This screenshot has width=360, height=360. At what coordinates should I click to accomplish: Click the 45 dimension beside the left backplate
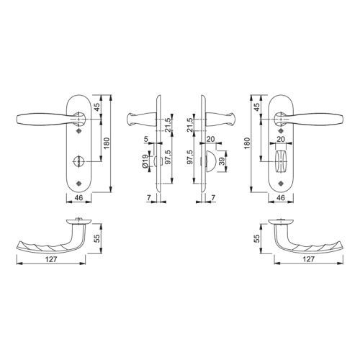coord(96,107)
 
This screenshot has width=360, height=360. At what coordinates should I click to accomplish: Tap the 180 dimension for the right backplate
coord(248,143)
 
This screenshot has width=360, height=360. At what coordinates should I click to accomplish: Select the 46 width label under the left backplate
coord(78,197)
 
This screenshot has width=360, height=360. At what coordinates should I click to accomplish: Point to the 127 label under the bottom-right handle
coord(309,259)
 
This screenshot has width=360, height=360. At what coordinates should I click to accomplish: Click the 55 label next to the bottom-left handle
coord(98,238)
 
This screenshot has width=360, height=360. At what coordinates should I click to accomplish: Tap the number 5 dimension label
coord(145,139)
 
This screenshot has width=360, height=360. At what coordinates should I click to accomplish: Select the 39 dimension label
coord(222,161)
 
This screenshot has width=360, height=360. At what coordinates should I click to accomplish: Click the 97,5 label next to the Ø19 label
coord(168,157)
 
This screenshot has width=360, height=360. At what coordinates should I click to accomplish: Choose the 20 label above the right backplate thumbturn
coord(281,139)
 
